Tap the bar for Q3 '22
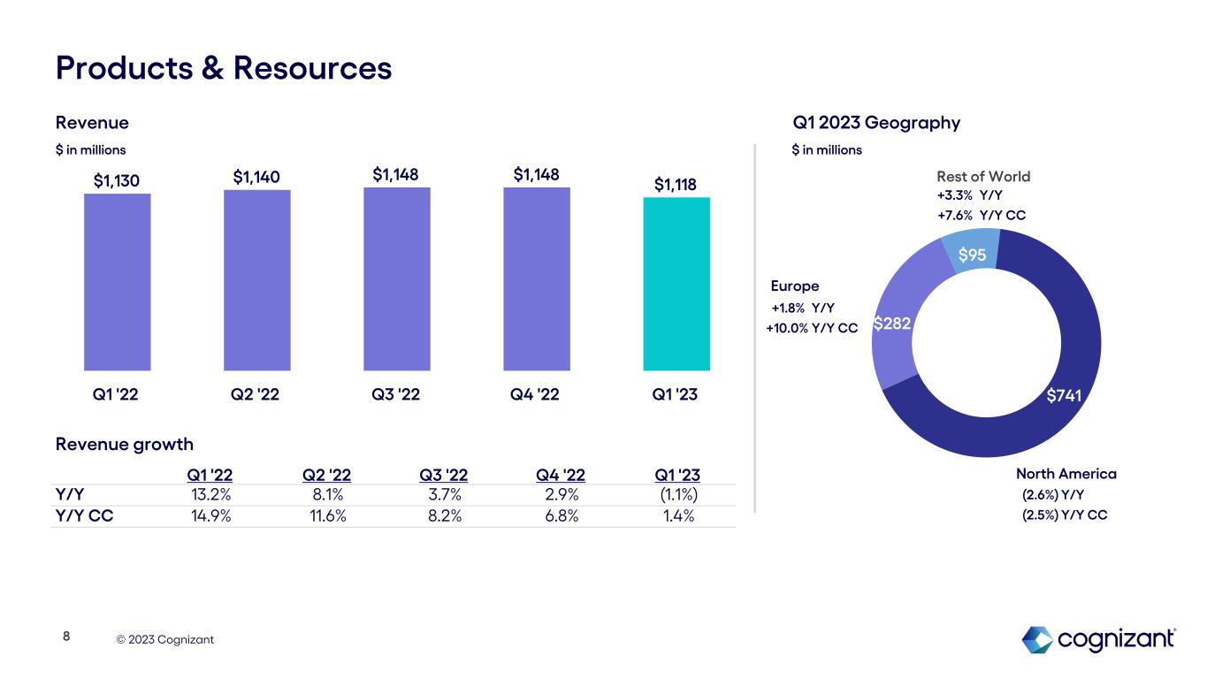[x=396, y=278]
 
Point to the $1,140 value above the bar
[x=256, y=178]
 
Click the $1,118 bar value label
[x=676, y=184]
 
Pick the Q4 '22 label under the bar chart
[x=536, y=395]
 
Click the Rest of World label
[x=983, y=177]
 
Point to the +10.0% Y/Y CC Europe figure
[x=811, y=328]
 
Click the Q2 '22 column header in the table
[x=326, y=475]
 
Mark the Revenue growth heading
[x=124, y=443]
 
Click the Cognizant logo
[x=1099, y=638]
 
